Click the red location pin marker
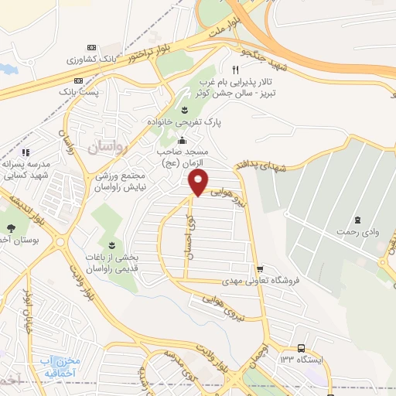click(199, 183)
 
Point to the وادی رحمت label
click(357, 231)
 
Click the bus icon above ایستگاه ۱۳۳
click(300, 348)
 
